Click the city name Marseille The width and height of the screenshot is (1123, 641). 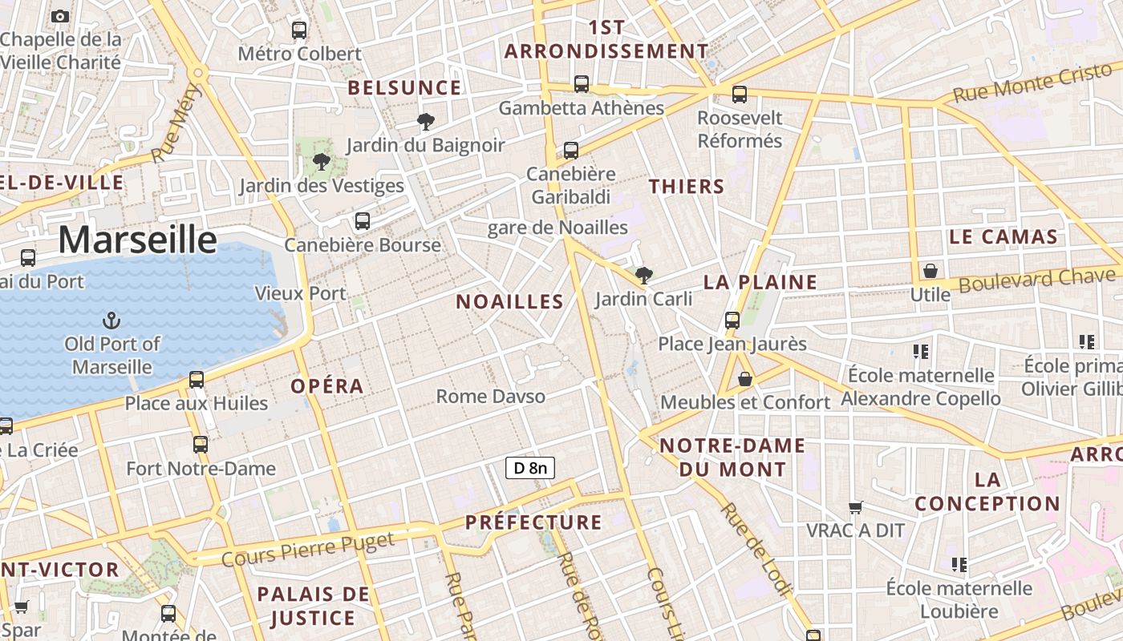[137, 240]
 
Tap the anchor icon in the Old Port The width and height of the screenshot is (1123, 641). [111, 321]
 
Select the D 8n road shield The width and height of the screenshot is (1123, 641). [530, 468]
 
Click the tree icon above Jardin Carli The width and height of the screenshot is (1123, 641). [643, 276]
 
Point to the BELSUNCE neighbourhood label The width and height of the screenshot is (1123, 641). [404, 88]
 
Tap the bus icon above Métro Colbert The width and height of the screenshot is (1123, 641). [299, 30]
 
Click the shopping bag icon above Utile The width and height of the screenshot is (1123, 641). [930, 271]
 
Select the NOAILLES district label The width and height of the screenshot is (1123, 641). [510, 302]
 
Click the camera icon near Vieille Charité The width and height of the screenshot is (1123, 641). [60, 16]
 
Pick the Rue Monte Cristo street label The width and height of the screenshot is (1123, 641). [1033, 83]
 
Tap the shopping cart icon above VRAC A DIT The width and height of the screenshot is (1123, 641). [856, 507]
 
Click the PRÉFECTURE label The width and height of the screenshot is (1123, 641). [533, 523]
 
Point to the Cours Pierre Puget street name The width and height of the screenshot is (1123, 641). [308, 549]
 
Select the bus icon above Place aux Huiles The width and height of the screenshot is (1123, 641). [197, 380]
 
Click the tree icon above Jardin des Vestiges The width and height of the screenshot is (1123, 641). [322, 163]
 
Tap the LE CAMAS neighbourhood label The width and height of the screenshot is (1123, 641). [1003, 237]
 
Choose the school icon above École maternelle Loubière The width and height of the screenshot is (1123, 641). [959, 565]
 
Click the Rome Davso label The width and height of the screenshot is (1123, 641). [490, 397]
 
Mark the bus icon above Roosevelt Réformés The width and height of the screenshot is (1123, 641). [740, 95]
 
